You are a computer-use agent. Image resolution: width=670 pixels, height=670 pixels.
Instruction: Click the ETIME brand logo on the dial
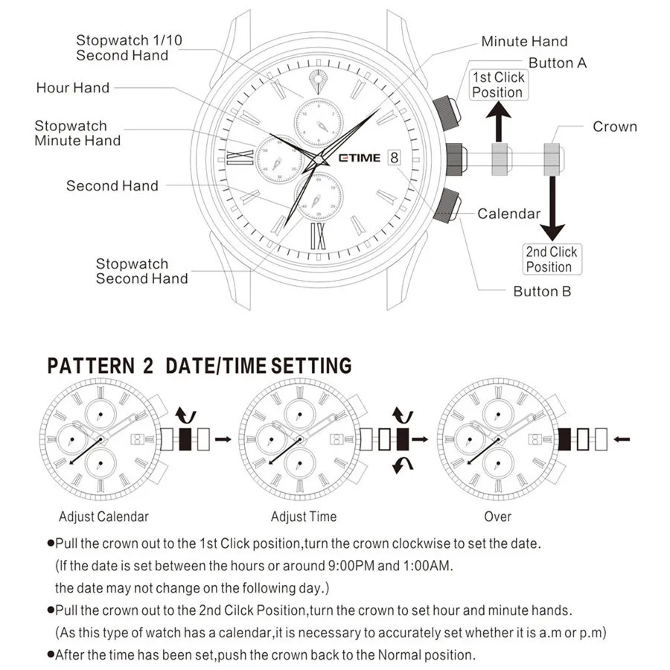click(360, 158)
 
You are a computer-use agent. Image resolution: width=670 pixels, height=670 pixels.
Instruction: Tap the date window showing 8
click(394, 158)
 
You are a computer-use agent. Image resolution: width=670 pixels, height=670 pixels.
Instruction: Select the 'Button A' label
click(557, 63)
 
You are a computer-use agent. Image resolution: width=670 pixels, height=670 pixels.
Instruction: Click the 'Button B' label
click(542, 291)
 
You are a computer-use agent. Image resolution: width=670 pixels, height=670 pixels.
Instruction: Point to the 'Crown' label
click(614, 127)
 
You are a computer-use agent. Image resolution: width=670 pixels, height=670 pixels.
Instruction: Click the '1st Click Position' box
click(498, 85)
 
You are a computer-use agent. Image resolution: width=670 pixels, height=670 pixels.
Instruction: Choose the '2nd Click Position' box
click(552, 259)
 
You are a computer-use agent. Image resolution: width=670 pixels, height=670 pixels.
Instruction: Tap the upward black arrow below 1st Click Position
click(499, 121)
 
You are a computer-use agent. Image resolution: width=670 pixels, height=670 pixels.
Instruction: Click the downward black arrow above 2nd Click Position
click(552, 208)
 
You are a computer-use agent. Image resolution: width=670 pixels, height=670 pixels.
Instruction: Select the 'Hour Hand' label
click(73, 88)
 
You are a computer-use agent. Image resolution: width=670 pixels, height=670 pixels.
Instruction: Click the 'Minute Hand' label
click(524, 42)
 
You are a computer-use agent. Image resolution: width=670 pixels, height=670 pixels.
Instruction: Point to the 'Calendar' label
click(508, 214)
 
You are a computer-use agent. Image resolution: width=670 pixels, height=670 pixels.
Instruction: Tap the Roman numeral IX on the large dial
click(318, 236)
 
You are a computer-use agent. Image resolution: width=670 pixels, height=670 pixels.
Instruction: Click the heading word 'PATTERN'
click(91, 366)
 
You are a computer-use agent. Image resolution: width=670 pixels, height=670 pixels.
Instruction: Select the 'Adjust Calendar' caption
click(103, 517)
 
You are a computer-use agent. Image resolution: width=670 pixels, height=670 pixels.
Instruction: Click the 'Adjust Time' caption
click(304, 517)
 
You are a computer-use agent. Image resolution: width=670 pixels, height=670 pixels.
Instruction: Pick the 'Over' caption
click(497, 517)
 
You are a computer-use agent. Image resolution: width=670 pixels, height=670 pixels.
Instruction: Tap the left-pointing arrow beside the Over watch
click(622, 438)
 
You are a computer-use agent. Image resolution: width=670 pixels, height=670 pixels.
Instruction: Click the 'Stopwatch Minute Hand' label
click(77, 133)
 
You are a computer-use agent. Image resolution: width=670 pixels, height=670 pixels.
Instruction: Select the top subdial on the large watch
click(319, 124)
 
